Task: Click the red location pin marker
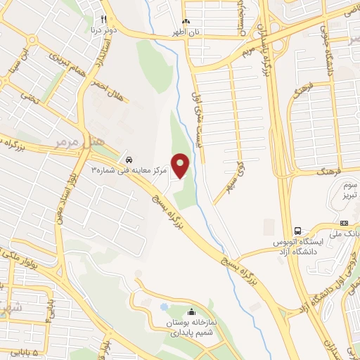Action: (x=181, y=165)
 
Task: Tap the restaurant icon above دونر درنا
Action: (x=103, y=19)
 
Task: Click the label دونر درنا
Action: (x=103, y=31)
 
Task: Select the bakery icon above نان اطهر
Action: (x=186, y=21)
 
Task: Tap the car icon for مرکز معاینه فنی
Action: (x=129, y=157)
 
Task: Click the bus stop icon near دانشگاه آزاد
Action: (x=298, y=230)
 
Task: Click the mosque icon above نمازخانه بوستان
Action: (x=192, y=312)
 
